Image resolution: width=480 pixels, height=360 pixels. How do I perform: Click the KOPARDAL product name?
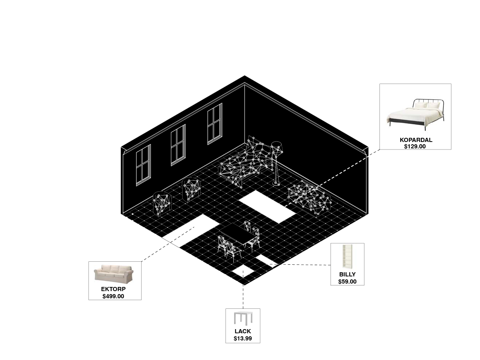coord(416,140)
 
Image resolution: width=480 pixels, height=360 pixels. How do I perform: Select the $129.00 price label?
coord(415,146)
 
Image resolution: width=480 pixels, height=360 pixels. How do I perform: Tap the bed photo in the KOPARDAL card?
coord(415,111)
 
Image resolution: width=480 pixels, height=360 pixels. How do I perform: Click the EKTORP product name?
coord(113,289)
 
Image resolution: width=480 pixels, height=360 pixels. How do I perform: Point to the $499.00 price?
coord(113,296)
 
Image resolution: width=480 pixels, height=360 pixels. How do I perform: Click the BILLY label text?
coord(347,275)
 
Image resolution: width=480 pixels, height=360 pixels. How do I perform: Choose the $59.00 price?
coord(347,282)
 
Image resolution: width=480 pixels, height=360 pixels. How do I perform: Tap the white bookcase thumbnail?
coord(347,257)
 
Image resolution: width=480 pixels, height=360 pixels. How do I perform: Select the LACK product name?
coord(242,331)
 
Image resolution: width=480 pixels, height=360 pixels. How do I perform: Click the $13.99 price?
coord(242,339)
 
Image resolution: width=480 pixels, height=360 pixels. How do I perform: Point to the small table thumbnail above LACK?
coord(242,319)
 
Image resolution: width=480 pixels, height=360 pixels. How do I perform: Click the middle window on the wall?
coord(178,145)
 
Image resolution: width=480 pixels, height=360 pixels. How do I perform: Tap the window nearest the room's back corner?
coord(215,124)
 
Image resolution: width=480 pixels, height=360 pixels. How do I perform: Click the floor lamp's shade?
coord(277,147)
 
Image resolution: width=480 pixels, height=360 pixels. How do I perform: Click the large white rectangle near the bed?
coord(267,206)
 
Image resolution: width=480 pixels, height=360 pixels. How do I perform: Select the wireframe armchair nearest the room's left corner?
coord(162,203)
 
